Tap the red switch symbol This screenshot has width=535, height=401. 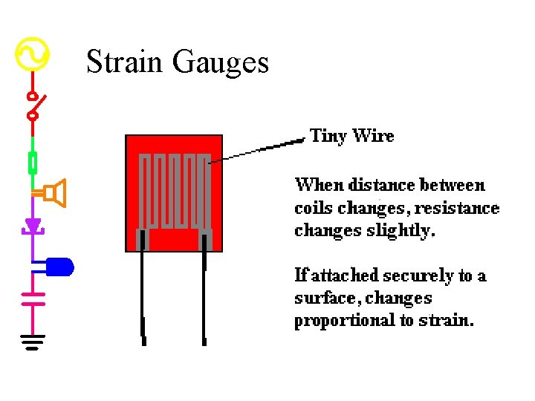point(34,105)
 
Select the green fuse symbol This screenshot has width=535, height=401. point(33,161)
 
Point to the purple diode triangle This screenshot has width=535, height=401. point(32,224)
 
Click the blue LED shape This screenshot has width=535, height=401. point(59,266)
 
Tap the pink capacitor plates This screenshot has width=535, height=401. point(32,299)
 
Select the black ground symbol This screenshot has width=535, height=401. point(32,341)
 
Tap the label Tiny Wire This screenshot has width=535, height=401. point(351,136)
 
